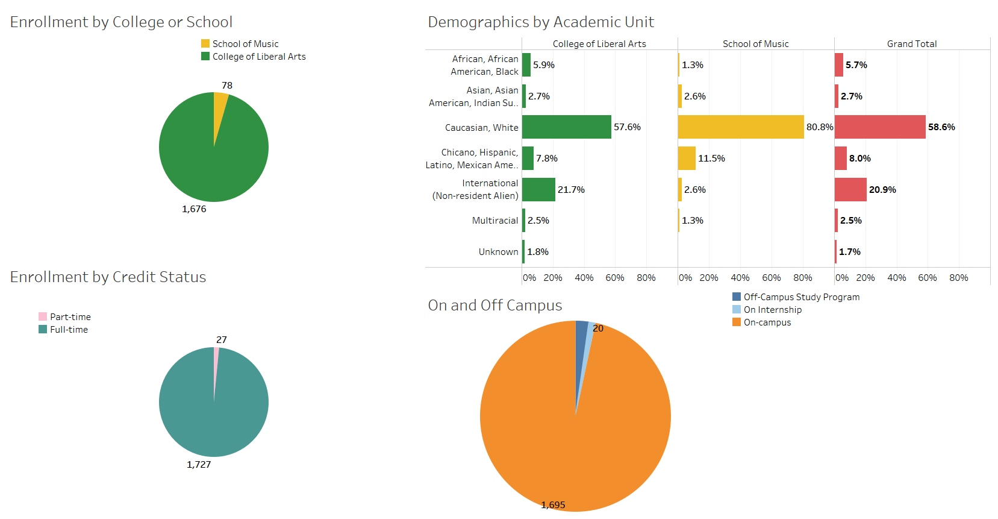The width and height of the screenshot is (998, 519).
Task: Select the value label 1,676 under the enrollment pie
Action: click(194, 209)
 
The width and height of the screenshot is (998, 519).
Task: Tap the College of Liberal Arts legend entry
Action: click(258, 57)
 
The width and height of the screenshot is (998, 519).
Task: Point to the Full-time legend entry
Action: click(69, 330)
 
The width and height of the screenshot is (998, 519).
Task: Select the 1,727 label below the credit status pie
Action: click(199, 465)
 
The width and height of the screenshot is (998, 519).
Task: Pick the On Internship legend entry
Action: click(772, 310)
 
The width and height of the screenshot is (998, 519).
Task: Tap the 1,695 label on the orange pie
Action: click(553, 505)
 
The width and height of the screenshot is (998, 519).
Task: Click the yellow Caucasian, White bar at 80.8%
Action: click(741, 127)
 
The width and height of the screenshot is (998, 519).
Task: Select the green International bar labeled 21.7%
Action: click(538, 190)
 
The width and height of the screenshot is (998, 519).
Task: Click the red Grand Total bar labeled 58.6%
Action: click(880, 127)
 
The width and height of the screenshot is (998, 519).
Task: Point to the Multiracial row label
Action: click(495, 221)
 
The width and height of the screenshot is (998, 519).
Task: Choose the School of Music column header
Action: click(755, 44)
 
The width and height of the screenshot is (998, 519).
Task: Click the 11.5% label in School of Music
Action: click(711, 159)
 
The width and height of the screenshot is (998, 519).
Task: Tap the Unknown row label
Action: click(498, 252)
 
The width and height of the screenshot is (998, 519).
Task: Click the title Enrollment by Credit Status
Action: click(108, 277)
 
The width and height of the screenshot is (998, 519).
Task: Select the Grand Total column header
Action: click(912, 44)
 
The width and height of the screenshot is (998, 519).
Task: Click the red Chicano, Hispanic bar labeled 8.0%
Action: click(841, 159)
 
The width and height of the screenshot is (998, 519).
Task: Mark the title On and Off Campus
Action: click(494, 305)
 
